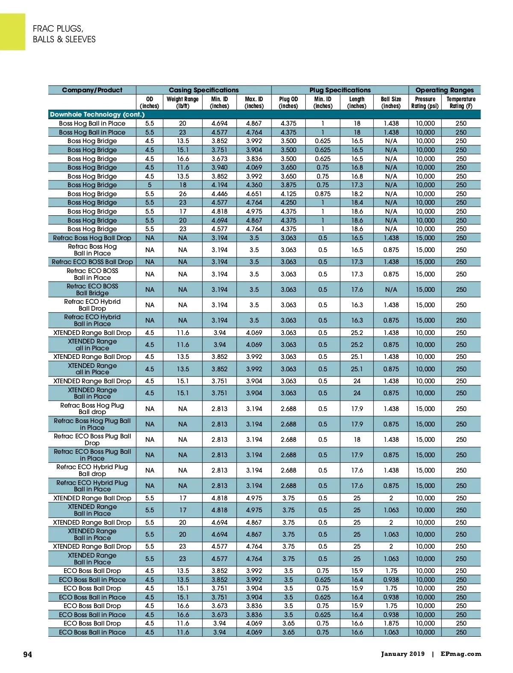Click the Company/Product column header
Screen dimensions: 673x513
(x=92, y=90)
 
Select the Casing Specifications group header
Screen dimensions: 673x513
(x=203, y=90)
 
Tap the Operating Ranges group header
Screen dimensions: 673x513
(x=444, y=90)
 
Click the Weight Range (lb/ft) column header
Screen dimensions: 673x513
(x=183, y=103)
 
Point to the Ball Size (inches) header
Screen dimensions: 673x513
(x=391, y=103)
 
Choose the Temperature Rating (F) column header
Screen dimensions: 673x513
(x=461, y=103)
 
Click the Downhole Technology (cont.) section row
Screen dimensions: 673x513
(x=97, y=115)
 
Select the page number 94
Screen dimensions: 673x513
(x=27, y=655)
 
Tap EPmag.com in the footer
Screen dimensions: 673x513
(x=461, y=654)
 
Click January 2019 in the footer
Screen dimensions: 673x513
(x=403, y=654)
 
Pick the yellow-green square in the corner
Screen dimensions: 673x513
(x=12, y=32)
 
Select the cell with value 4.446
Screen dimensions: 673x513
(x=219, y=194)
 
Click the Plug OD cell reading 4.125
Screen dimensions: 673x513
(x=289, y=194)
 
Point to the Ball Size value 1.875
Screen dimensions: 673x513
(x=391, y=623)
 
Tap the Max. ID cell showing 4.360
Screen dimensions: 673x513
(x=254, y=185)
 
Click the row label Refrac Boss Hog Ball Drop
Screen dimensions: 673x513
(x=92, y=238)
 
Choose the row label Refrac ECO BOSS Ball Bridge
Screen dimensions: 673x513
(x=92, y=290)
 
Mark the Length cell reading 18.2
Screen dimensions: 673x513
(x=357, y=194)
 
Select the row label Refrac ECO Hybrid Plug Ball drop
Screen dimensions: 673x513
(x=92, y=470)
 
